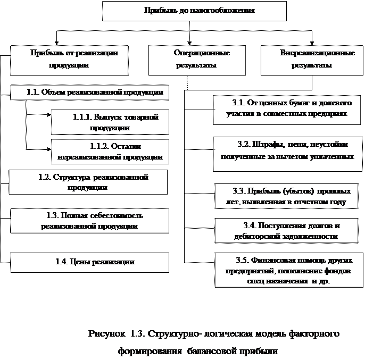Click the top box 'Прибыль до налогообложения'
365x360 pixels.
point(194,11)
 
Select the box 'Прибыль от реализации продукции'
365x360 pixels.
point(69,60)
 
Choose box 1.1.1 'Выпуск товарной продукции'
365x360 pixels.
point(110,122)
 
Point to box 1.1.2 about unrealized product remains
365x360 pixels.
point(110,152)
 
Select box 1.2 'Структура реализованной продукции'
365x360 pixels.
point(88,182)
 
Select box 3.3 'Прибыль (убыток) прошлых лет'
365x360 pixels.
point(287,196)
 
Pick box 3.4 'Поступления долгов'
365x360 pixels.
point(287,231)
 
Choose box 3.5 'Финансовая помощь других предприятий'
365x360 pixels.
point(287,270)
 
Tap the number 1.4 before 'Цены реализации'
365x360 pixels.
point(62,262)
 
